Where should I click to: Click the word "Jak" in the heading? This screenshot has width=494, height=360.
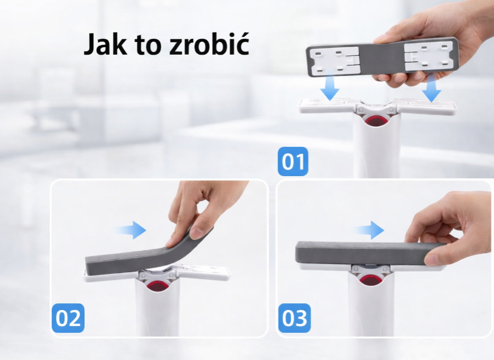[105, 45]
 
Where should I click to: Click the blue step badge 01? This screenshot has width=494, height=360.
[293, 161]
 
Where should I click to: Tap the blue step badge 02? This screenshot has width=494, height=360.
[68, 318]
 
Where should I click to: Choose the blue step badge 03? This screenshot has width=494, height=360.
[294, 318]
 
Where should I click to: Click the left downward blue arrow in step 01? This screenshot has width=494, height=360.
[330, 85]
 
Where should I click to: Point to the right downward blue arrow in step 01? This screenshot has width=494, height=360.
[431, 87]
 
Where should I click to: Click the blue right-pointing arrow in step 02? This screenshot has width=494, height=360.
[130, 230]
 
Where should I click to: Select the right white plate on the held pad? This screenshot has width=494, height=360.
[427, 57]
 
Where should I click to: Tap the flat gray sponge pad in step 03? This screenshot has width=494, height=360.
[369, 253]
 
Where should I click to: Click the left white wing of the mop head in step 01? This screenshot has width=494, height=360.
[328, 106]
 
